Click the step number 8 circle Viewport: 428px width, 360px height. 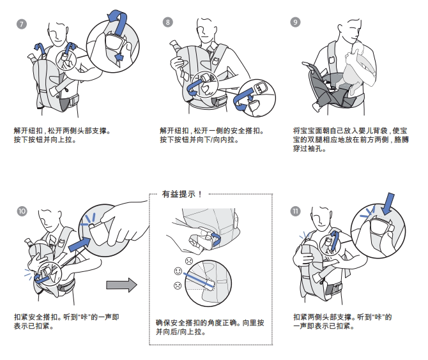pyautogui.click(x=168, y=22)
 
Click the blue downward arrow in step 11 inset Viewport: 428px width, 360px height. pyautogui.click(x=389, y=206)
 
